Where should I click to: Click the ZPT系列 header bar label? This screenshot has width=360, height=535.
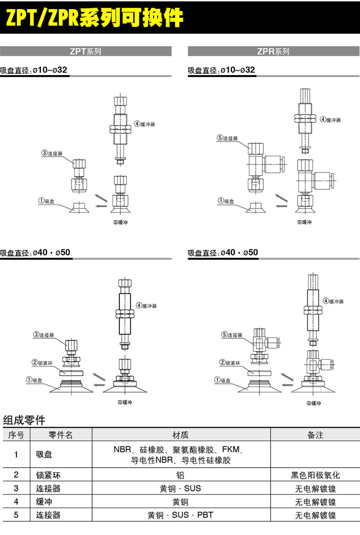pyautogui.click(x=85, y=51)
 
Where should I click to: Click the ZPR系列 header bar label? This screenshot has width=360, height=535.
pyautogui.click(x=273, y=51)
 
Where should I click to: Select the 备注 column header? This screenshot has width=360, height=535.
pyautogui.click(x=315, y=435)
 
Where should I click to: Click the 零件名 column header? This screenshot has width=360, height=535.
pyautogui.click(x=61, y=435)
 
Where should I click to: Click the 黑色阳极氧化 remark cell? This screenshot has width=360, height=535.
pyautogui.click(x=315, y=475)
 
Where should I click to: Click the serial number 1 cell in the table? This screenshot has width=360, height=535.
pyautogui.click(x=16, y=454)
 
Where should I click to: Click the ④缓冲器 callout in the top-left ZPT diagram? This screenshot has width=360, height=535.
pyautogui.click(x=145, y=124)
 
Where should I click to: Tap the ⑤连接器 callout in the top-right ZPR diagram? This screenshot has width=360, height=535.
pyautogui.click(x=227, y=138)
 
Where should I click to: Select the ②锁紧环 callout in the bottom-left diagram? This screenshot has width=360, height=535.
pyautogui.click(x=41, y=362)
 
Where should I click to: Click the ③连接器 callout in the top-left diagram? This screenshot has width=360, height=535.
pyautogui.click(x=52, y=153)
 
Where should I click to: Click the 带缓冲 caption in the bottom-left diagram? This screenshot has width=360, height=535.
pyautogui.click(x=125, y=403)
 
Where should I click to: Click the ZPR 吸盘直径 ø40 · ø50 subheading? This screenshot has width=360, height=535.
pyautogui.click(x=223, y=253)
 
